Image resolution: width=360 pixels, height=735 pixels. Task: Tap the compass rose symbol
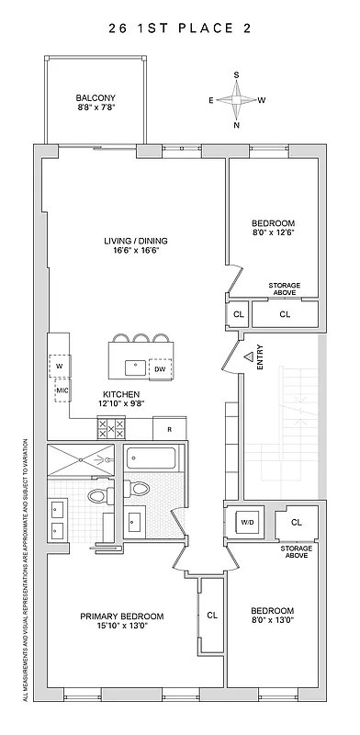tap(236, 99)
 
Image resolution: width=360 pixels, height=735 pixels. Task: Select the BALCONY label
tap(96, 103)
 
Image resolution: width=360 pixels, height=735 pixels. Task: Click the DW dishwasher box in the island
tap(160, 368)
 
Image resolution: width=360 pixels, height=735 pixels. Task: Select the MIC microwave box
tap(62, 390)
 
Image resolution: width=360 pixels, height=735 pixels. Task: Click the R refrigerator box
tap(169, 429)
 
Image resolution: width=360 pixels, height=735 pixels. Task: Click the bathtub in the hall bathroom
tap(153, 458)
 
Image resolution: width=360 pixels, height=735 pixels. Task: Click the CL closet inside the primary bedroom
tap(211, 615)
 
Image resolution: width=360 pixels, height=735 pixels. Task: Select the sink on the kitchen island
tap(135, 364)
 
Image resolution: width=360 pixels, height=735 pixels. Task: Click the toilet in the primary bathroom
tap(96, 496)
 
